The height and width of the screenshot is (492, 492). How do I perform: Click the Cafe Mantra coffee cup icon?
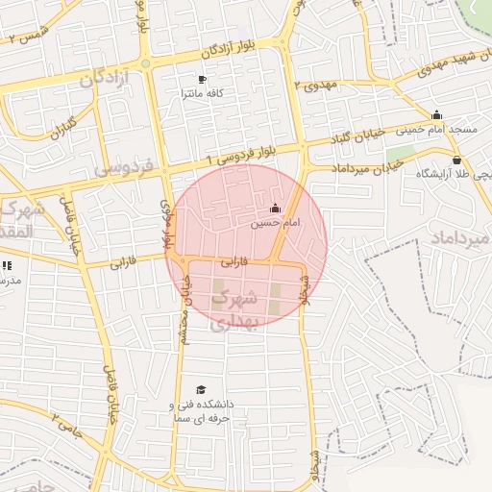(x=202, y=79)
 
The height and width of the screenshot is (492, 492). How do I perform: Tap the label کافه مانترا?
(x=202, y=94)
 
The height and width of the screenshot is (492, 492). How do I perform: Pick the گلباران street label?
(x=61, y=126)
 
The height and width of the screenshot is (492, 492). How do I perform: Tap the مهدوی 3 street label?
(x=318, y=85)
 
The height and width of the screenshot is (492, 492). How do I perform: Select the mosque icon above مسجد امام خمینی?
(x=437, y=115)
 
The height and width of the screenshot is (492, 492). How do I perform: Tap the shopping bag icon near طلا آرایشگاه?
(x=456, y=160)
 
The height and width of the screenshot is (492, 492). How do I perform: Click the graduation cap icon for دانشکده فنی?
(x=201, y=389)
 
